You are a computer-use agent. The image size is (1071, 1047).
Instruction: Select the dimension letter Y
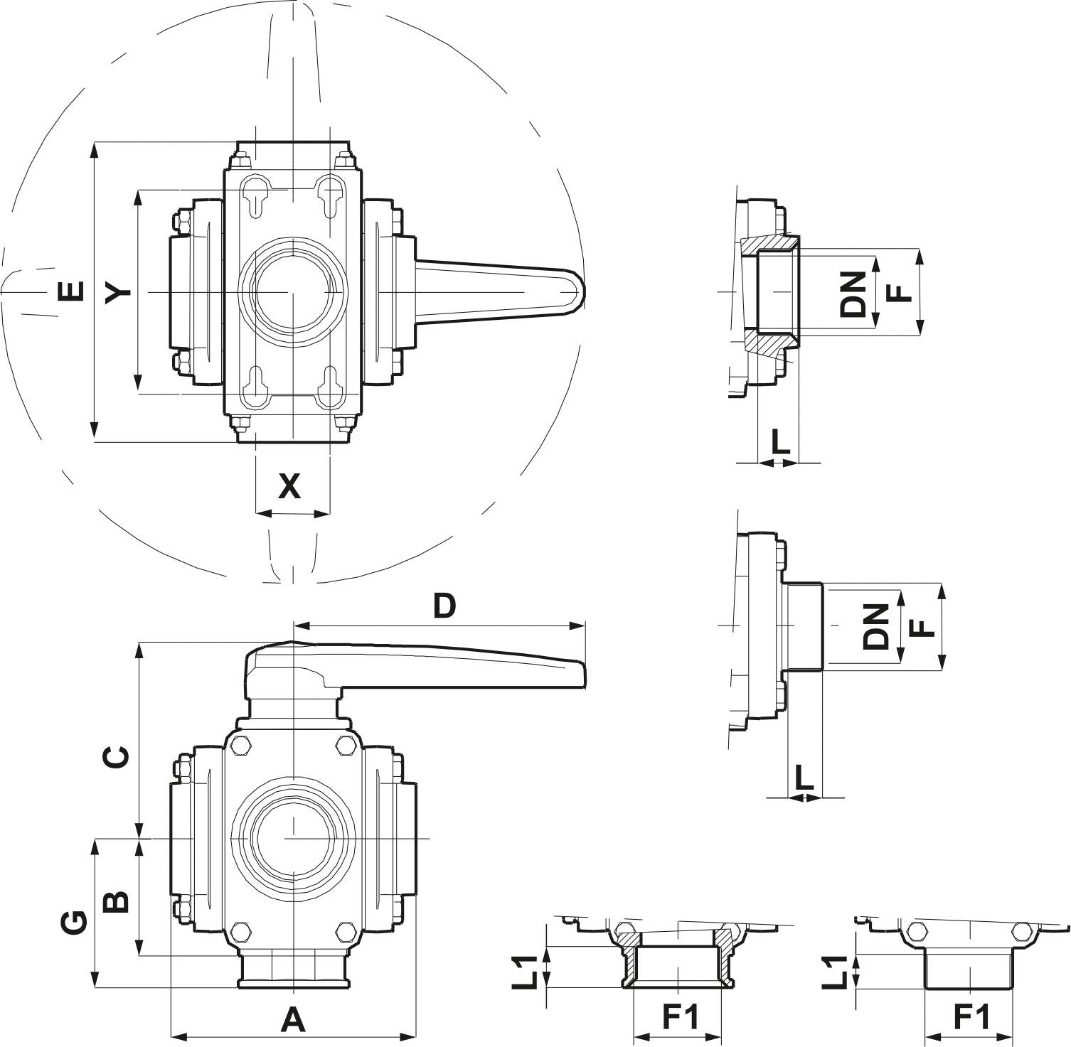(x=117, y=291)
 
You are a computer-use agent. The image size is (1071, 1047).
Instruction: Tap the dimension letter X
(x=289, y=487)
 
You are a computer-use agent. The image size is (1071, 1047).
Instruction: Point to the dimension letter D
(x=444, y=606)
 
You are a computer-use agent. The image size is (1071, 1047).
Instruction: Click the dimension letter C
(x=117, y=757)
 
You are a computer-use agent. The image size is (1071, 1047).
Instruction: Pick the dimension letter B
(x=117, y=901)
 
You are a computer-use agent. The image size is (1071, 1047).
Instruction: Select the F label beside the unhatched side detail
(x=922, y=628)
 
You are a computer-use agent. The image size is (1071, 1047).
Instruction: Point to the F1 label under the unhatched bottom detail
(x=971, y=1018)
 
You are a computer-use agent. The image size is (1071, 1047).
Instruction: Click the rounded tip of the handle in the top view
(x=579, y=292)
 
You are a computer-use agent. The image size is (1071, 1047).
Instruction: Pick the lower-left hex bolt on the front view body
(x=242, y=931)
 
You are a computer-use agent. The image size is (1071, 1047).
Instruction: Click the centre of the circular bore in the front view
(x=292, y=839)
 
